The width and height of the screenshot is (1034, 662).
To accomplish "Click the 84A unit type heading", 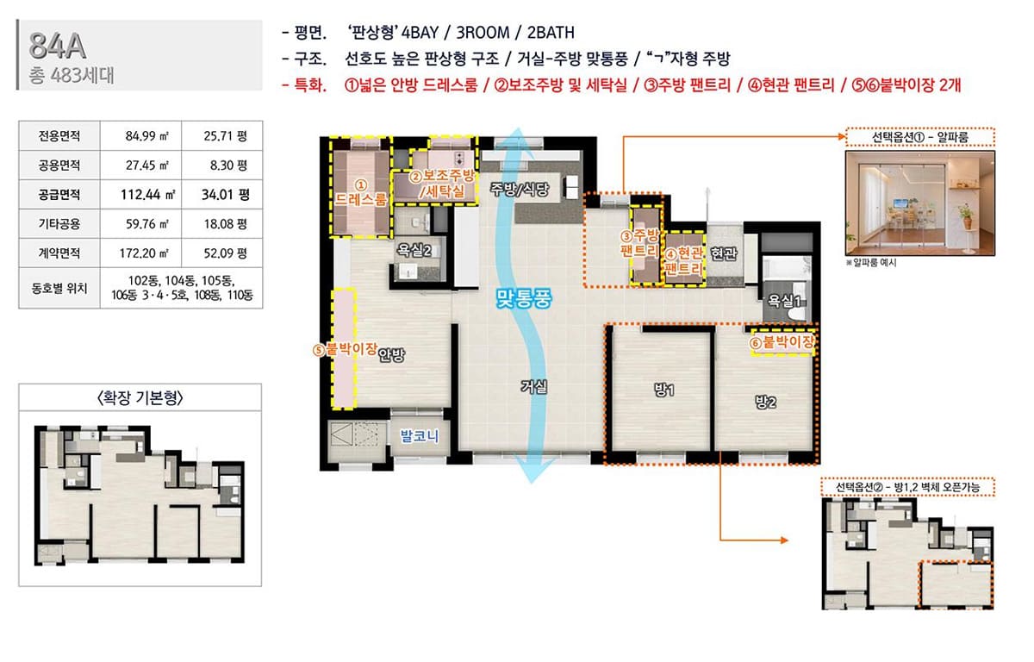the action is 57,46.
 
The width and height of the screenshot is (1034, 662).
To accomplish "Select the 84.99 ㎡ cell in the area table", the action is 146,135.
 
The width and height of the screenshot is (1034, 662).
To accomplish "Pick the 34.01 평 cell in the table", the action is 225,194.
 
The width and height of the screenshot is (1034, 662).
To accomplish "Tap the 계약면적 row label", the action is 59,253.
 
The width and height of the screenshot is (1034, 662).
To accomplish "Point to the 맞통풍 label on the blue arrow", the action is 524,298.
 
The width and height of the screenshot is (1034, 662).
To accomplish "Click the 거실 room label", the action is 534,386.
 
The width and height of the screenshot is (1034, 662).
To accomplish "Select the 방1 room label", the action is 663,390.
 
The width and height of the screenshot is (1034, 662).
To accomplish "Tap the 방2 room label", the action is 765,402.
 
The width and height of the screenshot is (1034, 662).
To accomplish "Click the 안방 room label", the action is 391,354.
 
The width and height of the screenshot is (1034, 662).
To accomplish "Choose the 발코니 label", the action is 419,435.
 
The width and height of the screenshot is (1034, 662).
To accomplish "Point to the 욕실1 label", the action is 784,301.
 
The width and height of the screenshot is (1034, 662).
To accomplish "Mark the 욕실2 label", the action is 414,250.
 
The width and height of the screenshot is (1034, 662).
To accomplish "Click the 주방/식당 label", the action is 520,189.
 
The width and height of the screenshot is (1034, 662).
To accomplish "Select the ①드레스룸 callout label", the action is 360,193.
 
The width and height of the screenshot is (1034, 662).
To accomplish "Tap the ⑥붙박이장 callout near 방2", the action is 782,342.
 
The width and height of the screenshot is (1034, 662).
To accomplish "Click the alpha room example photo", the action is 920,203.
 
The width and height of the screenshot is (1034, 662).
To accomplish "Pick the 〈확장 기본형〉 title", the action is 140,397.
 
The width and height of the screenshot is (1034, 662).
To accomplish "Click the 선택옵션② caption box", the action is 907,487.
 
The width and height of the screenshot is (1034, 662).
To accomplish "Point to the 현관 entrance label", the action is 723,253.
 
